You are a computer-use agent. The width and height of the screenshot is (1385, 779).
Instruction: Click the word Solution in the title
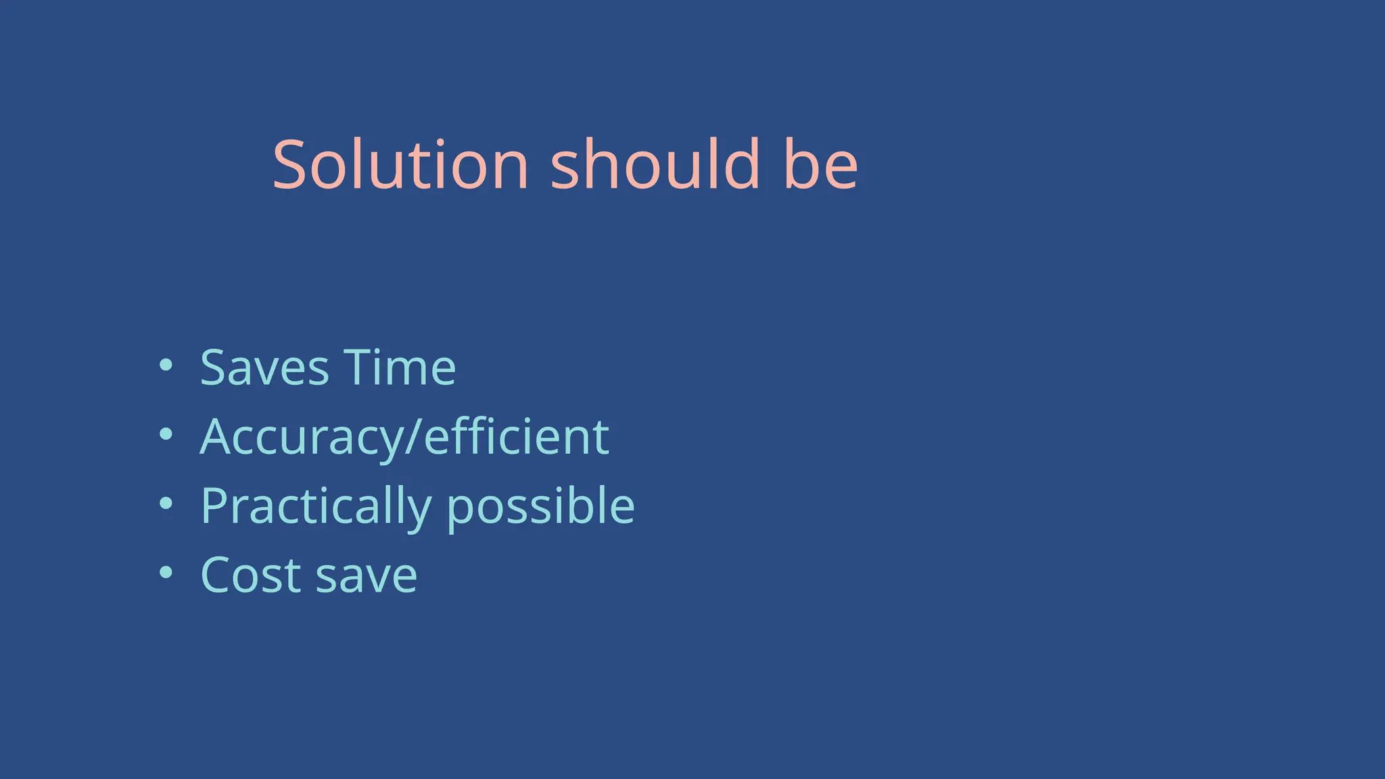point(400,165)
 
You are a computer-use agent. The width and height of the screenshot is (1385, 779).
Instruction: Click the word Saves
point(264,369)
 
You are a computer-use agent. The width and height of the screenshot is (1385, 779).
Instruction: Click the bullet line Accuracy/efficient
point(404,438)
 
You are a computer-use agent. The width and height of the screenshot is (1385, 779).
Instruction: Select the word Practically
point(316,506)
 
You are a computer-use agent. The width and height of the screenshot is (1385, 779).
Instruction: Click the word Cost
point(251,575)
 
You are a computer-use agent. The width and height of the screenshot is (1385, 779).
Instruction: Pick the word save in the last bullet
point(367,575)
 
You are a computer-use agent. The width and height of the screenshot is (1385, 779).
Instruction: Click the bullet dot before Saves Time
point(166,366)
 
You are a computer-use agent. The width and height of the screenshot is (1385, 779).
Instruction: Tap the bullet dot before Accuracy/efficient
point(166,435)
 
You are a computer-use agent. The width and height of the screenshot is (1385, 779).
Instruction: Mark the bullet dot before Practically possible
point(166,504)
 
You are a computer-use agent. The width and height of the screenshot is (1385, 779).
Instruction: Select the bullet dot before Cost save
point(166,573)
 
